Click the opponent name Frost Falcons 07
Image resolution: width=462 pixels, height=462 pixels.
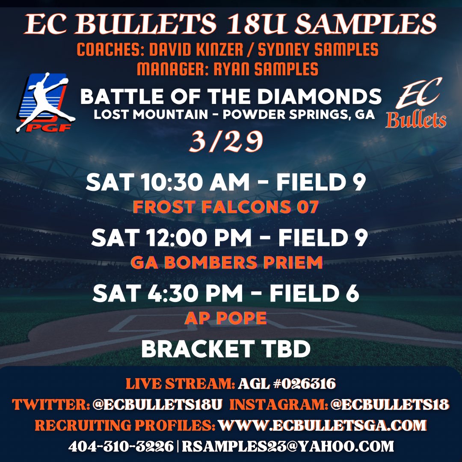click(x=226, y=207)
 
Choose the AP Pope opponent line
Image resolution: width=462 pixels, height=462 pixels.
click(x=225, y=318)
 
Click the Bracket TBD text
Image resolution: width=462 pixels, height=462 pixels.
click(x=225, y=349)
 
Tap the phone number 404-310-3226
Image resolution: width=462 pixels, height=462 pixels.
click(x=121, y=447)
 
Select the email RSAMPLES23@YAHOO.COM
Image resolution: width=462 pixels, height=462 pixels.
click(x=288, y=447)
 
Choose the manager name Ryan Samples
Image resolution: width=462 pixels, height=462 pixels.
click(x=261, y=68)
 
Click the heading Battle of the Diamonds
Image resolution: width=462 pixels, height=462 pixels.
click(x=231, y=97)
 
